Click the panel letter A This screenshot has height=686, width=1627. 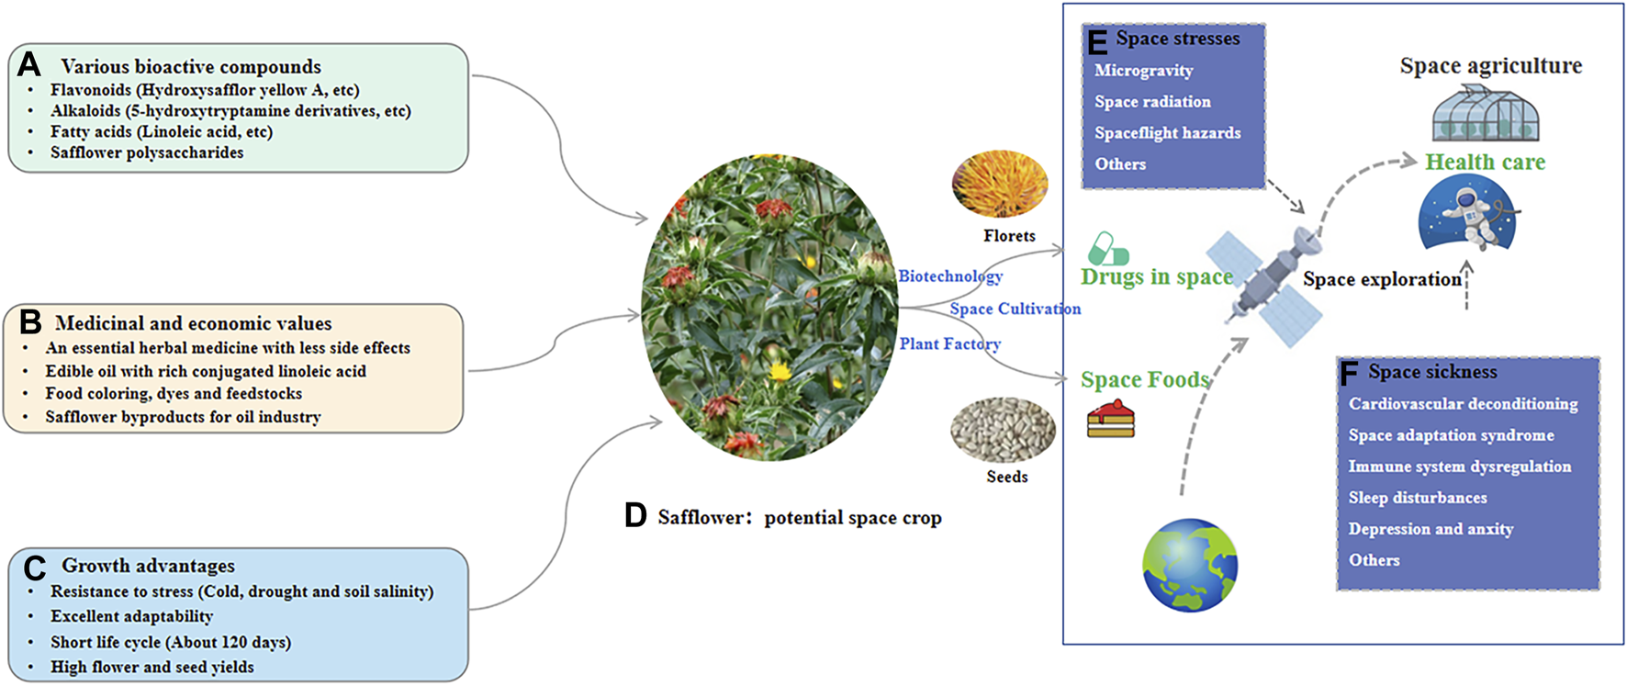[x=29, y=64]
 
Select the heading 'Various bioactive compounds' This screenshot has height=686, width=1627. [x=191, y=66]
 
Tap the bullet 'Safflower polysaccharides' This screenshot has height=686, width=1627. [x=147, y=152]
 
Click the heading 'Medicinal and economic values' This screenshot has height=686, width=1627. [x=193, y=323]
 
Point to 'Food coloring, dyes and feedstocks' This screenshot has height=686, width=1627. [x=174, y=393]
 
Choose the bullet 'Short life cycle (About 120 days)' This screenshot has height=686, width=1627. [x=171, y=642]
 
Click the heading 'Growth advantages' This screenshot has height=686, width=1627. [x=148, y=566]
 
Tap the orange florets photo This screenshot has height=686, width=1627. [x=1000, y=184]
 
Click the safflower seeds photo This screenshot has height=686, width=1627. [x=1003, y=430]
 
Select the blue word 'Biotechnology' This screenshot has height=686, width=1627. [x=950, y=276]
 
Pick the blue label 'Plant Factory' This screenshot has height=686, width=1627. [x=949, y=343]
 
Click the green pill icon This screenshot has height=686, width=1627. [x=1107, y=249]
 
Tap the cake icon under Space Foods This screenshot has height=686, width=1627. [x=1111, y=420]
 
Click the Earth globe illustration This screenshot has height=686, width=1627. [x=1190, y=565]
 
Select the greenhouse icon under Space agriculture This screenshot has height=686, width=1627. [x=1485, y=114]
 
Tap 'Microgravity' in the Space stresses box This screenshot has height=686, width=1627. [x=1143, y=71]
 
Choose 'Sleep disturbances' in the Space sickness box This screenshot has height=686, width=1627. [x=1417, y=498]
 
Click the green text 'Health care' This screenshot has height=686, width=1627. [x=1485, y=163]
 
